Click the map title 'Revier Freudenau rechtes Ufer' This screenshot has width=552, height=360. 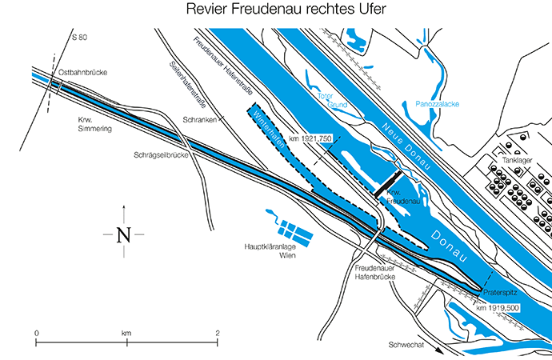(275, 10)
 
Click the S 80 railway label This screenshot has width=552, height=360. (78, 38)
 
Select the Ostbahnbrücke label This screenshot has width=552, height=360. (82, 73)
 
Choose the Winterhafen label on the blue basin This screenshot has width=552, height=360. (266, 127)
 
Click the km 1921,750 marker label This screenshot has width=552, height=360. (311, 138)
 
